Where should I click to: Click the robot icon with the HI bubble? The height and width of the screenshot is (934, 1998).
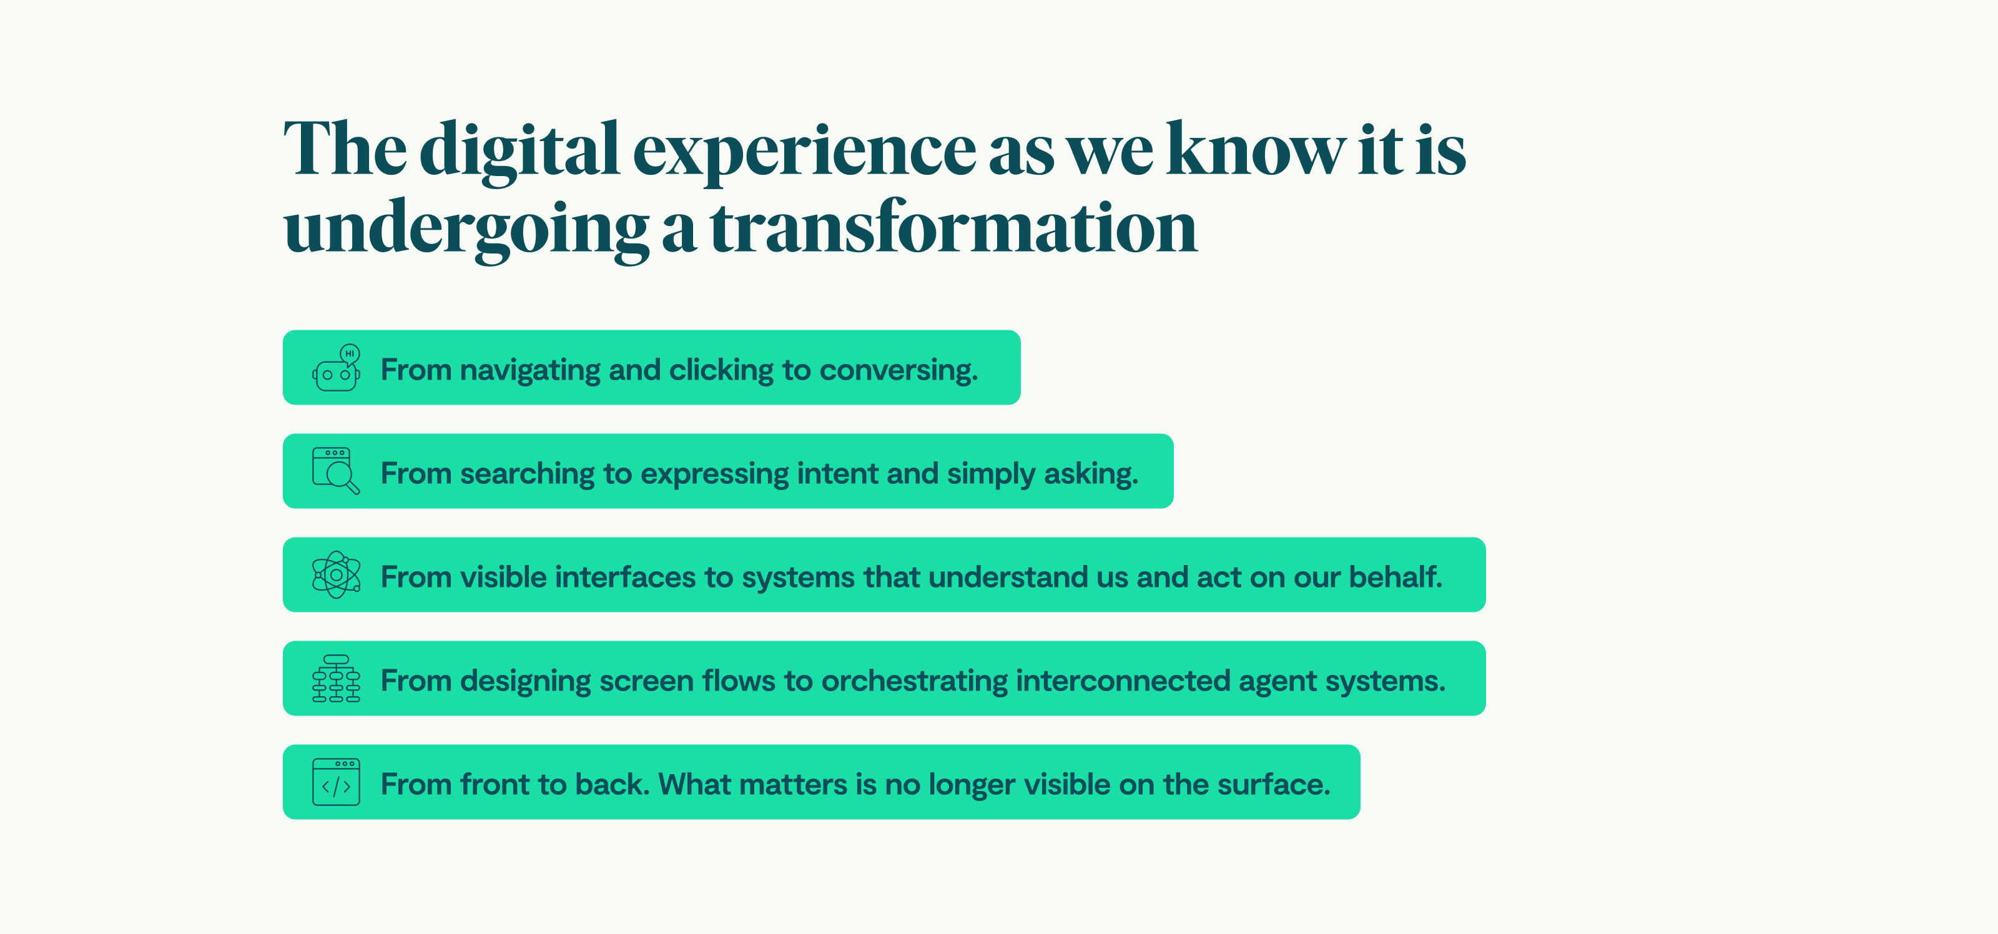click(x=336, y=368)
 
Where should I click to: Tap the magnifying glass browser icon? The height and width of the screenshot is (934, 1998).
click(x=336, y=471)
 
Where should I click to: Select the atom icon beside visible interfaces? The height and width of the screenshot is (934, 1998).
click(x=336, y=575)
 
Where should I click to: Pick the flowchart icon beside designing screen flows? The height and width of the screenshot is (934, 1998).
click(x=336, y=679)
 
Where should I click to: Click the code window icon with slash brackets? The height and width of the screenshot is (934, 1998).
click(x=336, y=782)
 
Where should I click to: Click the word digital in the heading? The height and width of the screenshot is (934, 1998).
click(x=519, y=150)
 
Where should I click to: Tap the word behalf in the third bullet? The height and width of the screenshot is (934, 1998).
click(x=1395, y=577)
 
